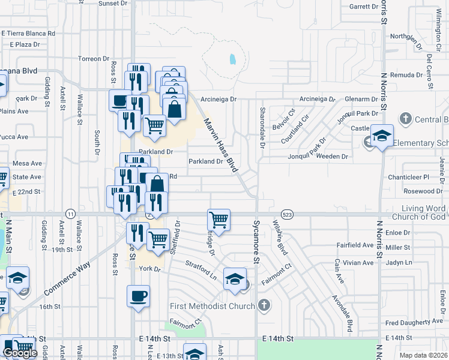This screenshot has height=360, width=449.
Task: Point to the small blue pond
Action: point(232,59)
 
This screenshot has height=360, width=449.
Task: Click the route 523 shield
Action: point(286,214)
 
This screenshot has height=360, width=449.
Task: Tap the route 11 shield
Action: point(71,214)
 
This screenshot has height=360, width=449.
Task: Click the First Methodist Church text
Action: point(212,306)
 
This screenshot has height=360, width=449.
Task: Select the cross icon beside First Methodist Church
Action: point(264,305)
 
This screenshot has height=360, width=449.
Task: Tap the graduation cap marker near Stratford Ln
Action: point(235,278)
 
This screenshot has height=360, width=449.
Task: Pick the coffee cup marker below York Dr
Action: point(138,296)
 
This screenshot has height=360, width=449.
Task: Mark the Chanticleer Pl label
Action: point(408,178)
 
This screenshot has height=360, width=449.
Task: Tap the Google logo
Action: point(20,353)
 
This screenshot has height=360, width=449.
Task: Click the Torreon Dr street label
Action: point(93,59)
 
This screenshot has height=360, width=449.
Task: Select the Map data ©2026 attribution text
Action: point(423,355)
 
